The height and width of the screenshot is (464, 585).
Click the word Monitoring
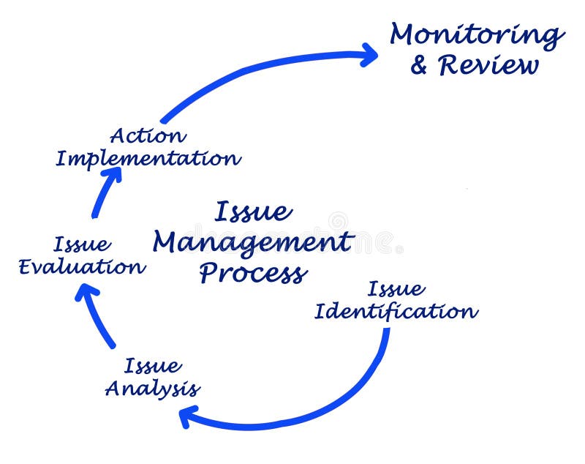[477, 35]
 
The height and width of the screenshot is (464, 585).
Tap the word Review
[488, 66]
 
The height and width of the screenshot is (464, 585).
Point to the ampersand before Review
[419, 66]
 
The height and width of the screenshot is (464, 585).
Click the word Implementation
[148, 158]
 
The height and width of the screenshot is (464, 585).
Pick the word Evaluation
[81, 266]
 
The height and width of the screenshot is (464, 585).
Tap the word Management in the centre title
[252, 243]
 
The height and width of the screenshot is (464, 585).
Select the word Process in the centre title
[252, 273]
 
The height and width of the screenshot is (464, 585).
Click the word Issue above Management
[253, 212]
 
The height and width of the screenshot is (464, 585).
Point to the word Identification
[396, 312]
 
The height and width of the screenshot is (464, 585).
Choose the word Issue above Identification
[396, 289]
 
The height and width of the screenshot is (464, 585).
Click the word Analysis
[152, 388]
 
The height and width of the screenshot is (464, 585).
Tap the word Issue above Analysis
[153, 366]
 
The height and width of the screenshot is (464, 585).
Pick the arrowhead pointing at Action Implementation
[111, 176]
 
